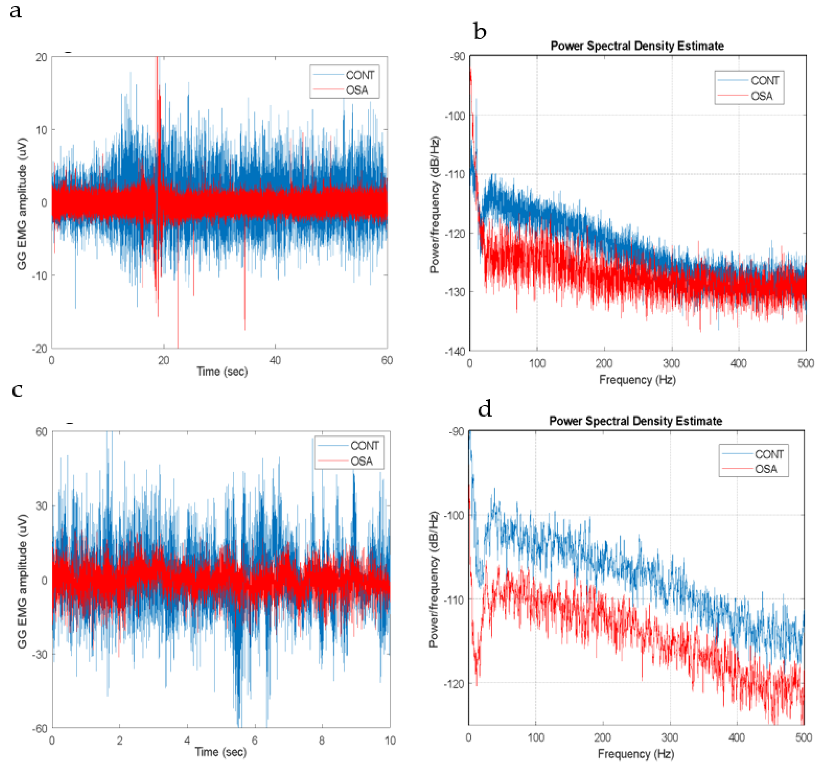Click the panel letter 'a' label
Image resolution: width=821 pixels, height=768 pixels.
pos(16,11)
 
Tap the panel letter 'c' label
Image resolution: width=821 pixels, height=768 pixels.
pos(17,390)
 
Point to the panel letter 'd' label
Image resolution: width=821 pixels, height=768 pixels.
pos(484,409)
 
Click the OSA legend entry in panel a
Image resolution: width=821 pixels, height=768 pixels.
pos(357,90)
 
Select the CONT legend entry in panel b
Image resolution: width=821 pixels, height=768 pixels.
pos(764,80)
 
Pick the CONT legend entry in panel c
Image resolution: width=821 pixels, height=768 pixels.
pos(364,446)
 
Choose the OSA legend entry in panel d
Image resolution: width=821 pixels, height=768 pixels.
pos(766,469)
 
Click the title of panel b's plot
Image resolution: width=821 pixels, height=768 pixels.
pos(637,46)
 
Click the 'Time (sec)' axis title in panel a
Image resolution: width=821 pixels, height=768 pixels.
pos(222,371)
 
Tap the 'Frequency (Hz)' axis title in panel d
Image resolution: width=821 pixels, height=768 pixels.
pos(636,754)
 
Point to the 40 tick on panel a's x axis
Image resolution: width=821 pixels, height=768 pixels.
pos(275,360)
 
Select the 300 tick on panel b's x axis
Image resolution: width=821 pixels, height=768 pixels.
pos(672,363)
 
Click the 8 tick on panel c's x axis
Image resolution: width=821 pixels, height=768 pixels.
pos(322,740)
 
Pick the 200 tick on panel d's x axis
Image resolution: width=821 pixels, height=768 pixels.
pos(603,737)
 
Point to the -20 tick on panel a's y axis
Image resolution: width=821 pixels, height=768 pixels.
pos(40,349)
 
